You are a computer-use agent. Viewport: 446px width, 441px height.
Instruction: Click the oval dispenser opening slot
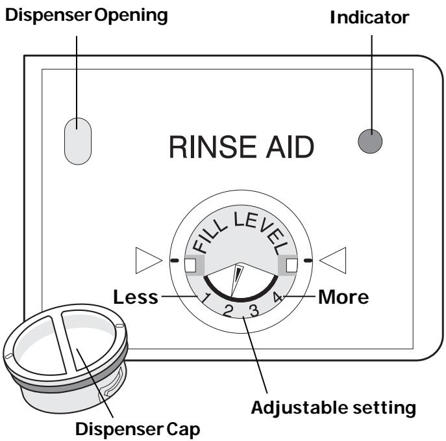click(78, 137)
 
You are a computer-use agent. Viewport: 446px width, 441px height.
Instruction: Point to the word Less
click(135, 297)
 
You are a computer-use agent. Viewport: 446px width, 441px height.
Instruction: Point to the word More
click(345, 297)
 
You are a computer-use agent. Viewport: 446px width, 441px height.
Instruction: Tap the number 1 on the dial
click(205, 299)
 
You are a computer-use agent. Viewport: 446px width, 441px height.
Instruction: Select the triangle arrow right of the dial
click(335, 261)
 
